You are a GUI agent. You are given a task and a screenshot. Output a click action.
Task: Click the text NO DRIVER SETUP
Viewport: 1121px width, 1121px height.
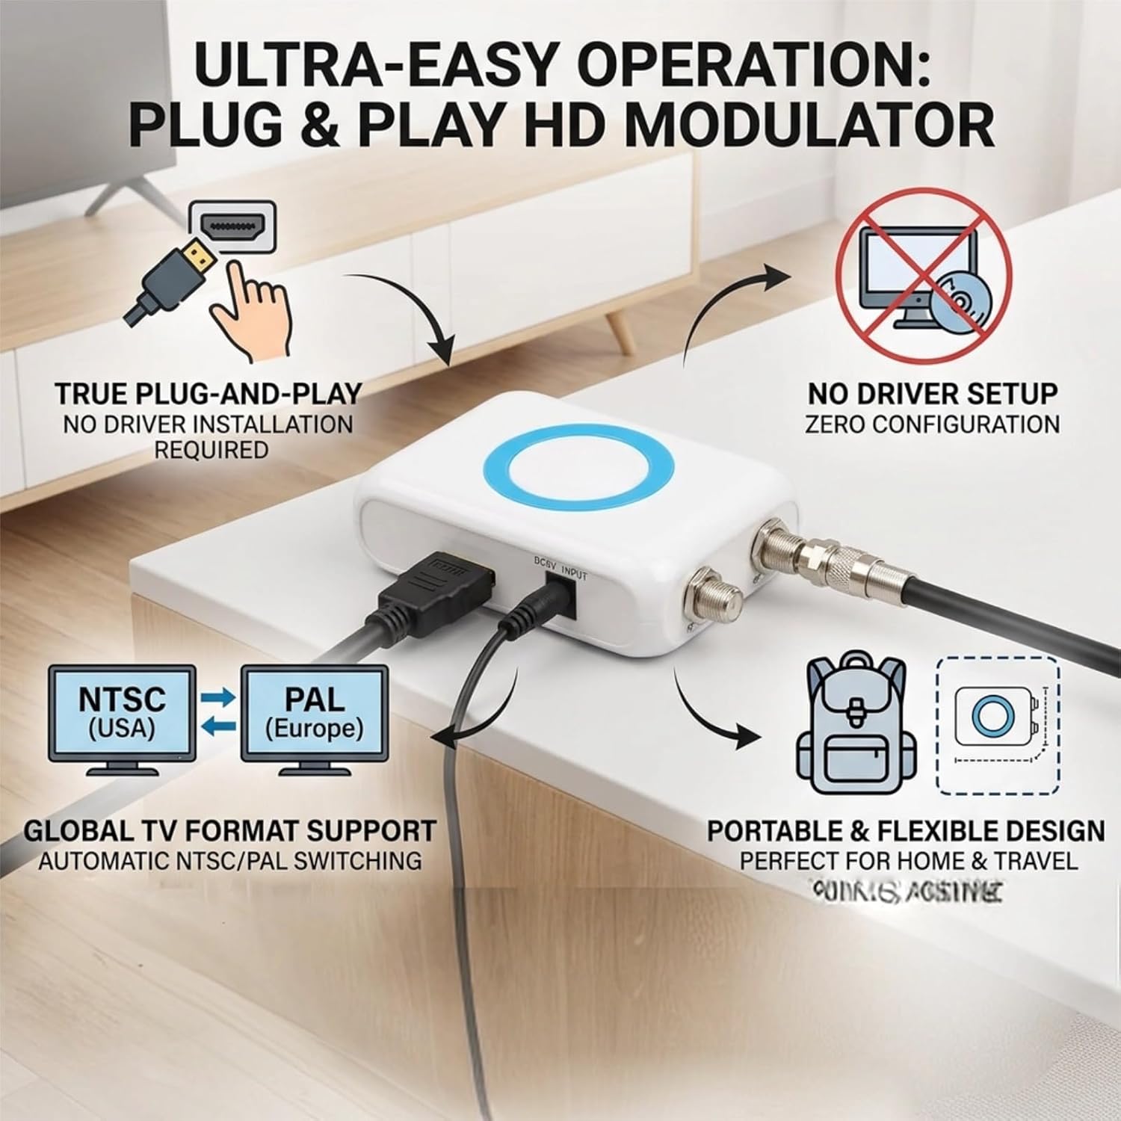(933, 393)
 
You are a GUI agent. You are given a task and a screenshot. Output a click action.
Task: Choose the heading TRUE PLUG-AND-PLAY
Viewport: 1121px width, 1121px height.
(208, 393)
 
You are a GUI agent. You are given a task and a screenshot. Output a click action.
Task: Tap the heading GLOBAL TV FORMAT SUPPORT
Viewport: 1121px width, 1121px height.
(229, 830)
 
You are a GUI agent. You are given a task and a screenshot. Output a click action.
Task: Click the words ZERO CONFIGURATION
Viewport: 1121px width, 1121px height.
(933, 424)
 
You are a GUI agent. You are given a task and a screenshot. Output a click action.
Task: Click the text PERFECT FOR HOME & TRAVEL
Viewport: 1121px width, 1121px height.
(909, 861)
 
